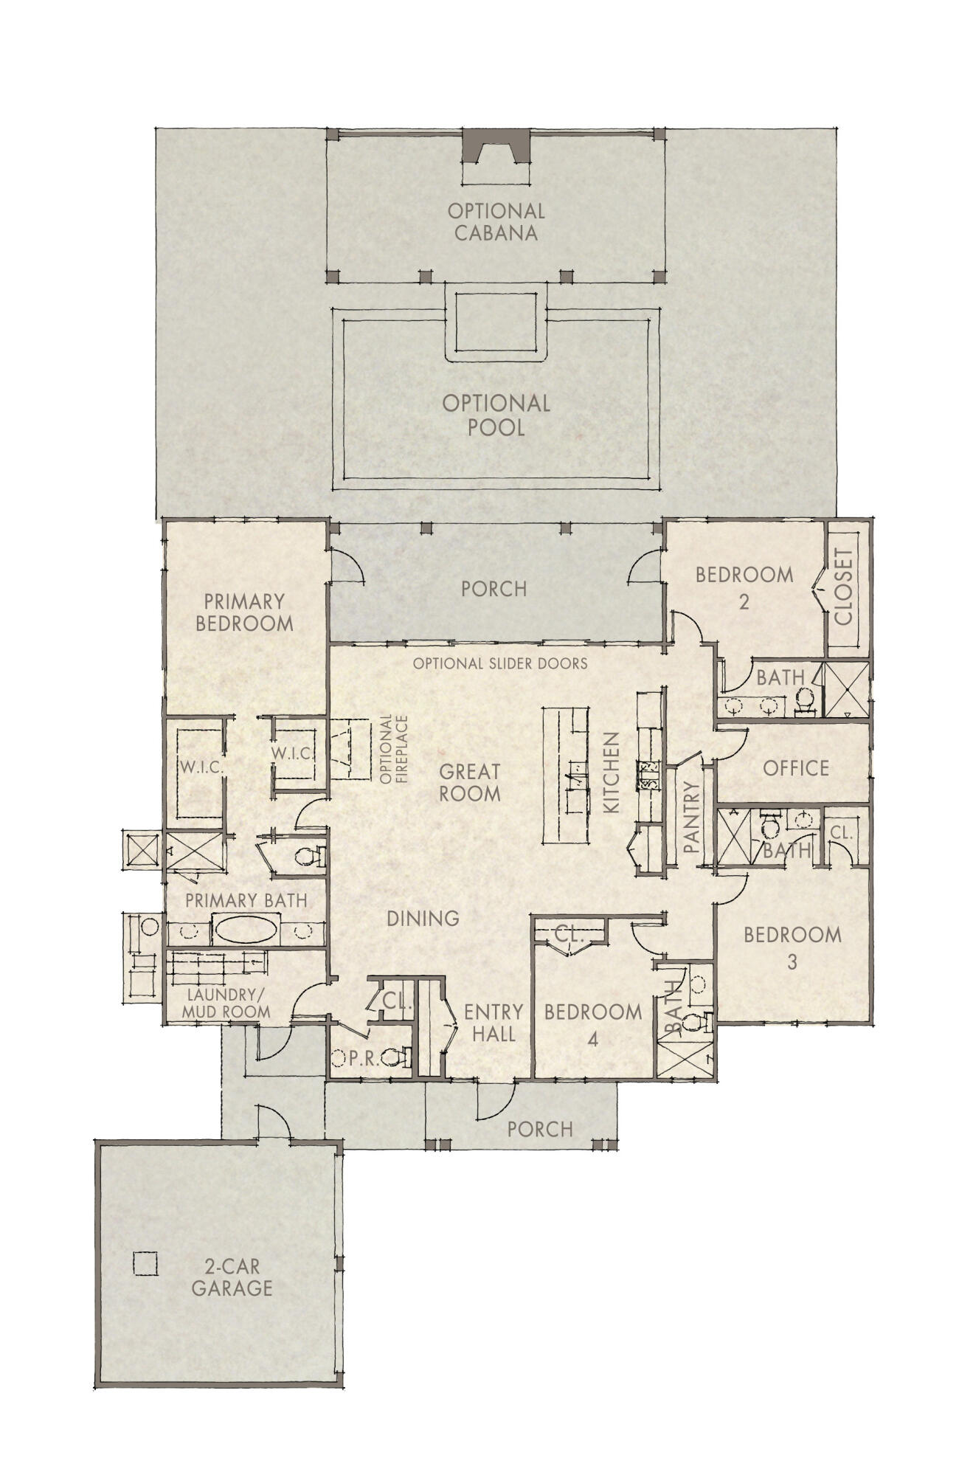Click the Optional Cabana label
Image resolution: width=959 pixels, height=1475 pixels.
click(496, 222)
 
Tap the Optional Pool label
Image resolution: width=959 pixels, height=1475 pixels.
click(496, 415)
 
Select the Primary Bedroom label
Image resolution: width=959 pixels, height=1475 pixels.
click(244, 612)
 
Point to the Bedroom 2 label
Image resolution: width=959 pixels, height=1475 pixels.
click(744, 587)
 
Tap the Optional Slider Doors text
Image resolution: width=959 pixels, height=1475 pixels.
click(500, 663)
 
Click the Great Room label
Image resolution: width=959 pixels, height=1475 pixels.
click(470, 783)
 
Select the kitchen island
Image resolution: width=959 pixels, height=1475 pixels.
click(566, 775)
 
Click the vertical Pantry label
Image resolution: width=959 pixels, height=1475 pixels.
click(691, 818)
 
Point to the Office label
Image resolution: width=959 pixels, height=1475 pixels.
click(796, 768)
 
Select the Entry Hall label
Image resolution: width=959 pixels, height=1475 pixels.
click(494, 1023)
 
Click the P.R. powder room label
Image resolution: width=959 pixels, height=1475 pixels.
click(364, 1059)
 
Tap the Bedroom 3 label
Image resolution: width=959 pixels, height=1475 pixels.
click(792, 947)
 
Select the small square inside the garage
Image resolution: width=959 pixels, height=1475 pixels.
click(145, 1263)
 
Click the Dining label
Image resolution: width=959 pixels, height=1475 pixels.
click(423, 919)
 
